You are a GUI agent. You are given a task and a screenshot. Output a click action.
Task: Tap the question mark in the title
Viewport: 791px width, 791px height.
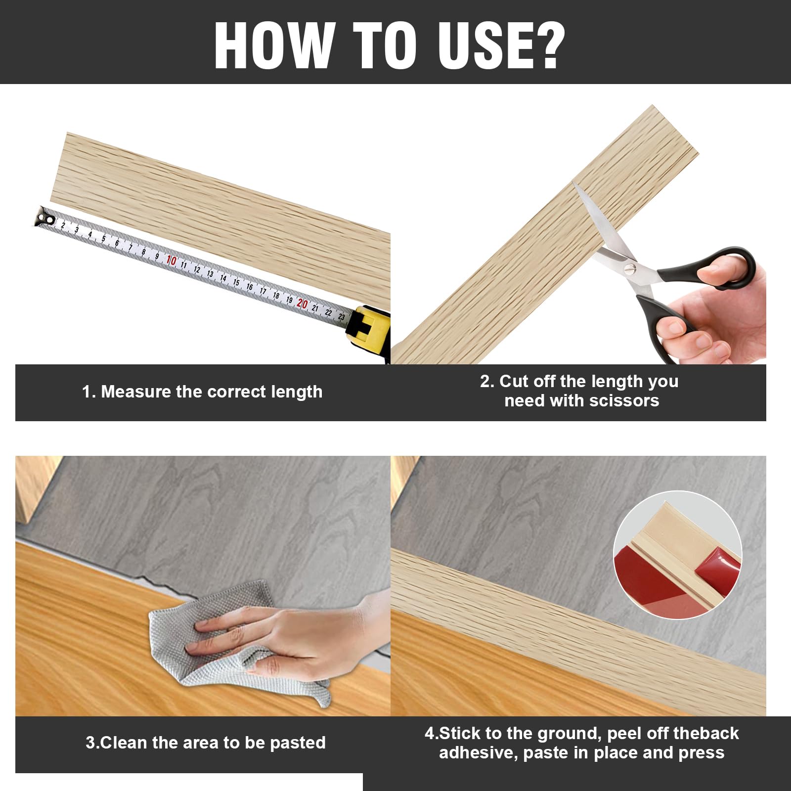pos(546,45)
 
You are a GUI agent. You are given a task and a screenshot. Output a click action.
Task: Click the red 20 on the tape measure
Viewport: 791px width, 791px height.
pos(302,304)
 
